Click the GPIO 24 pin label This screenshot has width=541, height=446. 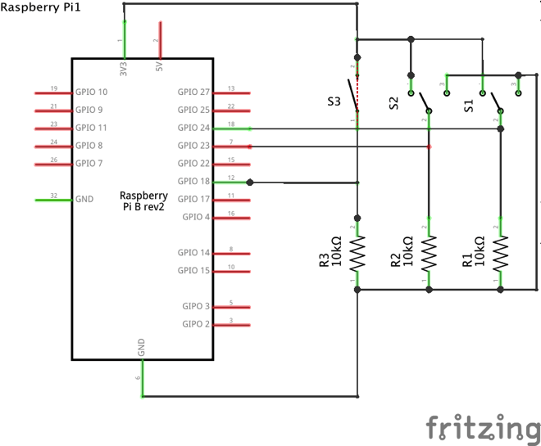[193, 128]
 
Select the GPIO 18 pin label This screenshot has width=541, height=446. [193, 181]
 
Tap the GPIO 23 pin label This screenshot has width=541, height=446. [193, 146]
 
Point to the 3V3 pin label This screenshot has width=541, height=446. [124, 69]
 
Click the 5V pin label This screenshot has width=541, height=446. [159, 66]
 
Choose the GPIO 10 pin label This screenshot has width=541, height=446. [92, 92]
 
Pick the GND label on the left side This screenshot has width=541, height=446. [84, 199]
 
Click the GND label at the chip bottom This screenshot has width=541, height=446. [141, 347]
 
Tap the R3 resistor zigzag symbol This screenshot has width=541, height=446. [357, 253]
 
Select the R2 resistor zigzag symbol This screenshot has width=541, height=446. [429, 253]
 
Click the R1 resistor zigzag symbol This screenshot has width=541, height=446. [500, 253]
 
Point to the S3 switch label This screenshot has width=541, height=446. [334, 101]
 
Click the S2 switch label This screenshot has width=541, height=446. [393, 103]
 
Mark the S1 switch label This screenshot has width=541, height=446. [469, 106]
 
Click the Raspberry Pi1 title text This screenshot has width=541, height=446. [40, 7]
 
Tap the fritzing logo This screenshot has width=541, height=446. [483, 427]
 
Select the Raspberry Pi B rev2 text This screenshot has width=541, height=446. [143, 200]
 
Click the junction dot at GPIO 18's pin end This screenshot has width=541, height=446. [250, 182]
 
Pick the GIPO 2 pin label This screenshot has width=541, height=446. [196, 324]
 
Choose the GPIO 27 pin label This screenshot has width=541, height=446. [193, 92]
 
